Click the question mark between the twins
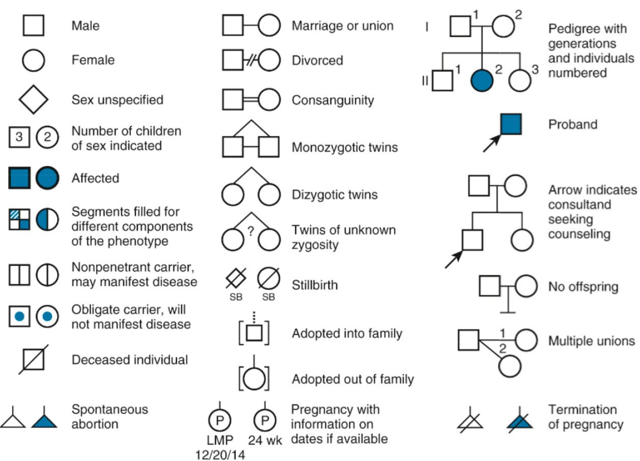pos(251,231)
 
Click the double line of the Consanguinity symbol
pos(251,100)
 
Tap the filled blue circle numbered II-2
pos(482,80)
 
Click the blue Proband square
pos(511,124)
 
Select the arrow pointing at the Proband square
pos(492,143)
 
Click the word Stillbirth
pos(315,285)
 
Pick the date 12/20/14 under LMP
pos(220,454)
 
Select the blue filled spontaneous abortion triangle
pos(44,420)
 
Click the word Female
pos(93,60)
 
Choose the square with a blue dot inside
pos(19,316)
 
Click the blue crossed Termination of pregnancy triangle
pos(520,420)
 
